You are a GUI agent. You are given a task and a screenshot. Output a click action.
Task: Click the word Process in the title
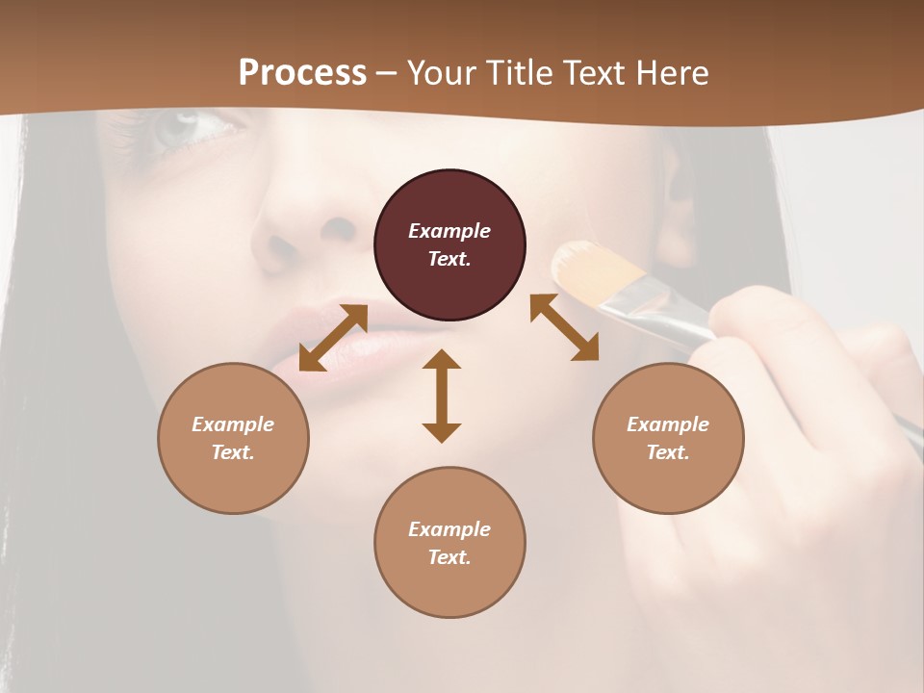point(302,73)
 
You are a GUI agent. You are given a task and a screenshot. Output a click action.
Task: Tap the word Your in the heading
point(443,73)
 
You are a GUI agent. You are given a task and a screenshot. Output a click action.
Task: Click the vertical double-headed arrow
point(442,396)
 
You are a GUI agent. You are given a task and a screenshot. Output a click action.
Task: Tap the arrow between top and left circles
point(333,338)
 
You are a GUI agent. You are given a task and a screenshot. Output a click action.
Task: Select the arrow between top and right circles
point(564,327)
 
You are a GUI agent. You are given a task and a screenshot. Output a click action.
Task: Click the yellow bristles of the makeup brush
point(592,269)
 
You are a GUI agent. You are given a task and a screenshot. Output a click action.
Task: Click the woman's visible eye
point(183,130)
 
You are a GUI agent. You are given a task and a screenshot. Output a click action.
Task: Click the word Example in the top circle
point(449,231)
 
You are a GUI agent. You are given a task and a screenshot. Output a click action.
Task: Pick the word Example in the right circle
point(668,424)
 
